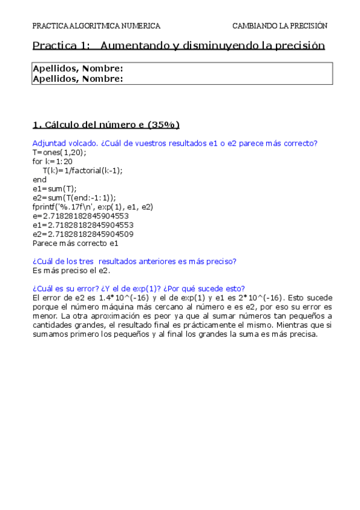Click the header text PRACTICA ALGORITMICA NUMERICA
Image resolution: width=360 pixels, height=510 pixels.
pyautogui.click(x=96, y=26)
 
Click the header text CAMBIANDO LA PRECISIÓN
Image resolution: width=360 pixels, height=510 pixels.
pyautogui.click(x=279, y=26)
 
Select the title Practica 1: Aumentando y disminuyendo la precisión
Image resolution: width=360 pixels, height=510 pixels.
pyautogui.click(x=178, y=46)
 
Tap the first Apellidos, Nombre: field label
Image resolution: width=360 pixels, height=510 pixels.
pyautogui.click(x=78, y=69)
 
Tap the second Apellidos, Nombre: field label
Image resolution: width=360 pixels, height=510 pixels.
pyautogui.click(x=78, y=78)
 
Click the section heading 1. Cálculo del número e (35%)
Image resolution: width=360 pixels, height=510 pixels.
pyautogui.click(x=106, y=125)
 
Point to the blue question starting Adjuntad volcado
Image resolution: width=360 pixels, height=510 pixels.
pyautogui.click(x=174, y=143)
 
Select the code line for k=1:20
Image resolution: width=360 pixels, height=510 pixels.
pyautogui.click(x=52, y=161)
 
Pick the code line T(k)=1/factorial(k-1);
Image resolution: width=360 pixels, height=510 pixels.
pyautogui.click(x=82, y=170)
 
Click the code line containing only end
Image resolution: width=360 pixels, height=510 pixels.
pyautogui.click(x=39, y=179)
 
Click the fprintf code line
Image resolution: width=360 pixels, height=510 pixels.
pyautogui.click(x=93, y=206)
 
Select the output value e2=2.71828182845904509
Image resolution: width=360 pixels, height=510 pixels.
pyautogui.click(x=83, y=234)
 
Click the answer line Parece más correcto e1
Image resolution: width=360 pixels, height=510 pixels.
pyautogui.click(x=75, y=243)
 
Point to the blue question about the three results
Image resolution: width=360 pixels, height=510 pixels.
pyautogui.click(x=134, y=261)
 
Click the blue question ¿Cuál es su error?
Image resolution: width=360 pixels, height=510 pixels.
pyautogui.click(x=142, y=288)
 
